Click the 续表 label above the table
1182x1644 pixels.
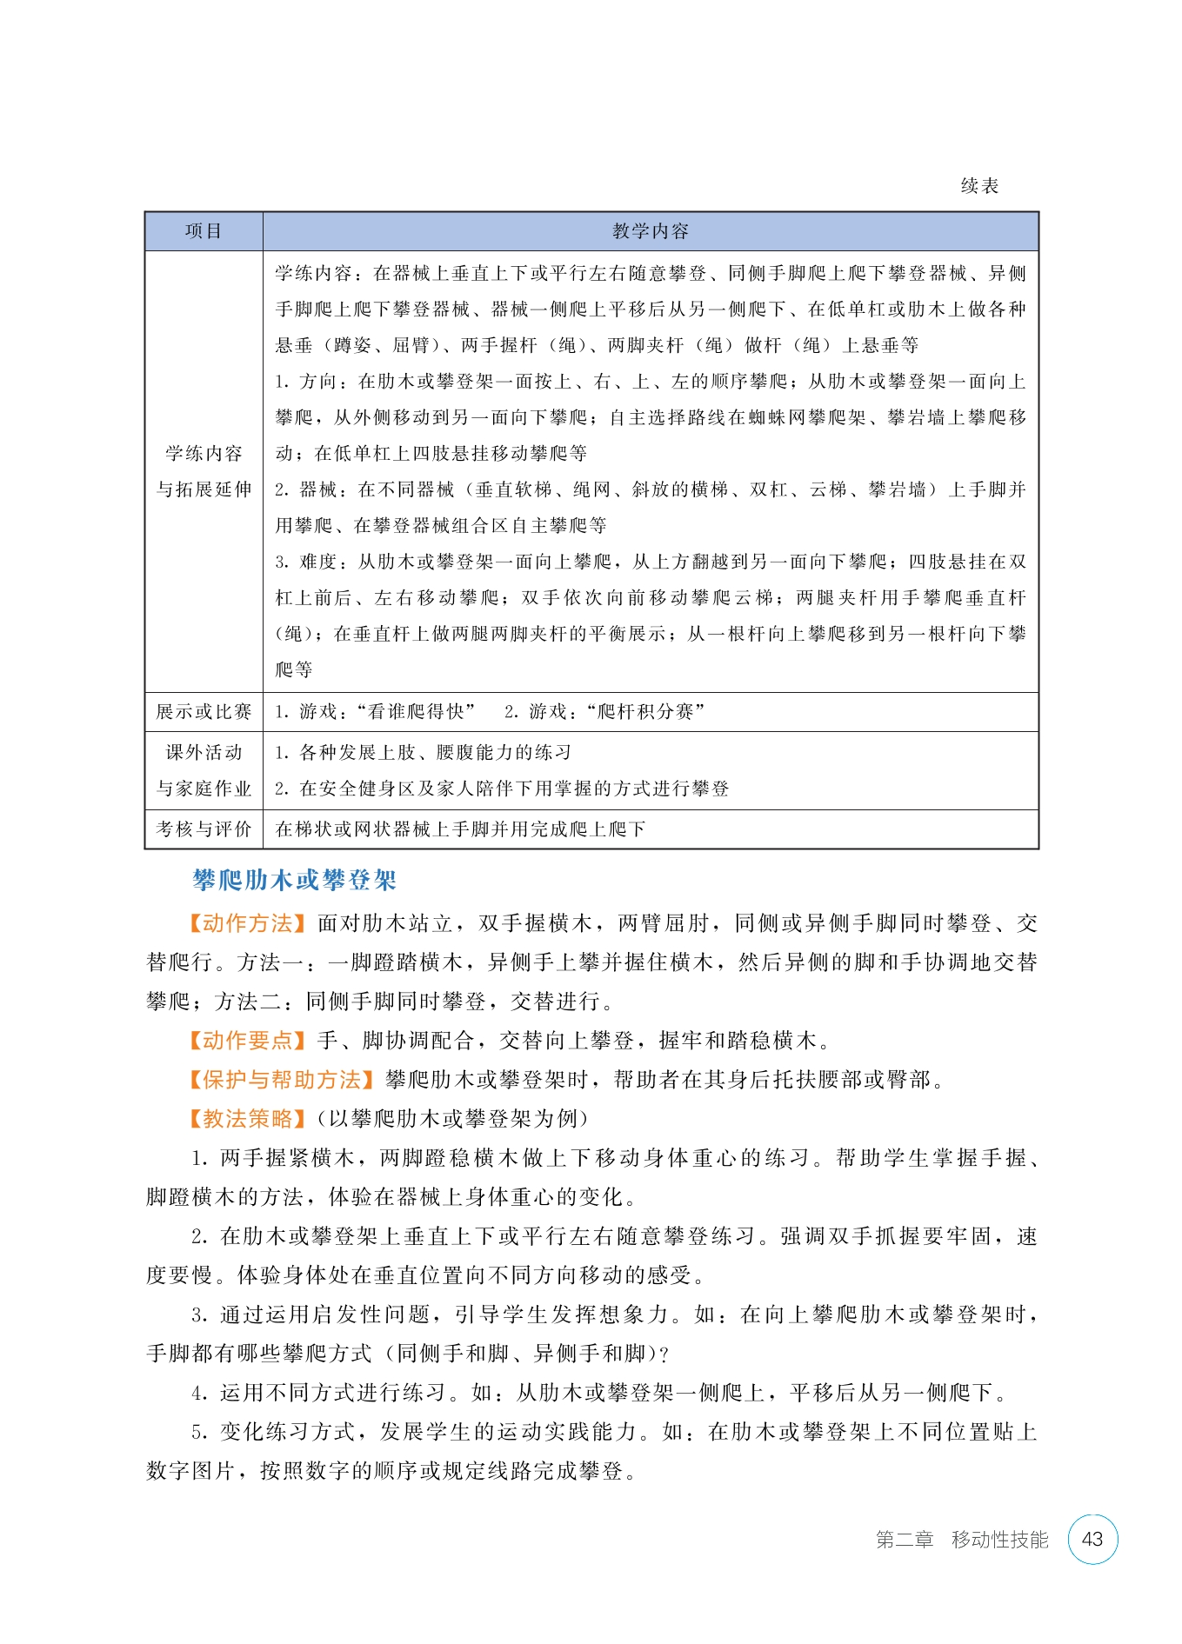click(979, 185)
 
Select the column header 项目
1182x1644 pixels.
click(204, 231)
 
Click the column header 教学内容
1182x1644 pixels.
click(650, 231)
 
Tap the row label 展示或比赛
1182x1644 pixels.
click(204, 711)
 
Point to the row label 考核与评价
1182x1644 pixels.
click(204, 829)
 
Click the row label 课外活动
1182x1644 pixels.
click(204, 752)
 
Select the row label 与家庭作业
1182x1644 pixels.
click(204, 789)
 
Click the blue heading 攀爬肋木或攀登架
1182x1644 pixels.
click(294, 880)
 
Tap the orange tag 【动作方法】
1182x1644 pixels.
click(247, 923)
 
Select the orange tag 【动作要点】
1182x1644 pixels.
click(247, 1041)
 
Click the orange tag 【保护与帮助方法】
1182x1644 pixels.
click(281, 1080)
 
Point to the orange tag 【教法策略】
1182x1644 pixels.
click(247, 1119)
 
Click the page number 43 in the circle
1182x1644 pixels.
click(1092, 1539)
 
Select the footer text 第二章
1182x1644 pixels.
click(904, 1540)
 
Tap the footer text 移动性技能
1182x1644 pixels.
click(999, 1540)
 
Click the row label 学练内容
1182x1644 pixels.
click(204, 453)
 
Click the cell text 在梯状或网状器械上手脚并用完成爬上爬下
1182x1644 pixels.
click(460, 829)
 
